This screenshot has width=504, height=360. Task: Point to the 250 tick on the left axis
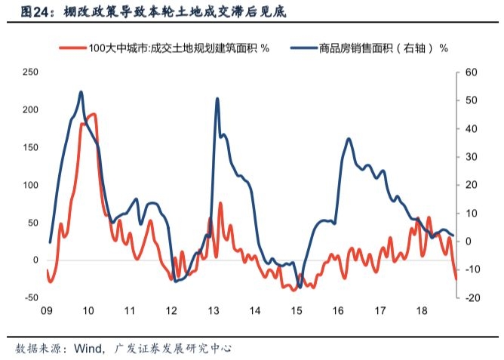point(30,72)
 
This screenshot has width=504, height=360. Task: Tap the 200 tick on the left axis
point(30,110)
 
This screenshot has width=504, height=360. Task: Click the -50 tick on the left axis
point(30,297)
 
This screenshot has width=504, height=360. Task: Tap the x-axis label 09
point(46,311)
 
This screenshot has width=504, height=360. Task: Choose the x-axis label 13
point(214,311)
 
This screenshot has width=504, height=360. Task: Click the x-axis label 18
point(423,311)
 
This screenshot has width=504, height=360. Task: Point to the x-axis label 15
point(297,311)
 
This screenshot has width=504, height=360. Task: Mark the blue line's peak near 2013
point(217,99)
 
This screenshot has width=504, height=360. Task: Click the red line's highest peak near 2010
point(92,114)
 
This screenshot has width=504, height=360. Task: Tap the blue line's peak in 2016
point(349,139)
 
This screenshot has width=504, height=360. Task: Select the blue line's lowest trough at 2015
point(300,287)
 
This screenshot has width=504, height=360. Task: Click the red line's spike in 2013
point(220,203)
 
